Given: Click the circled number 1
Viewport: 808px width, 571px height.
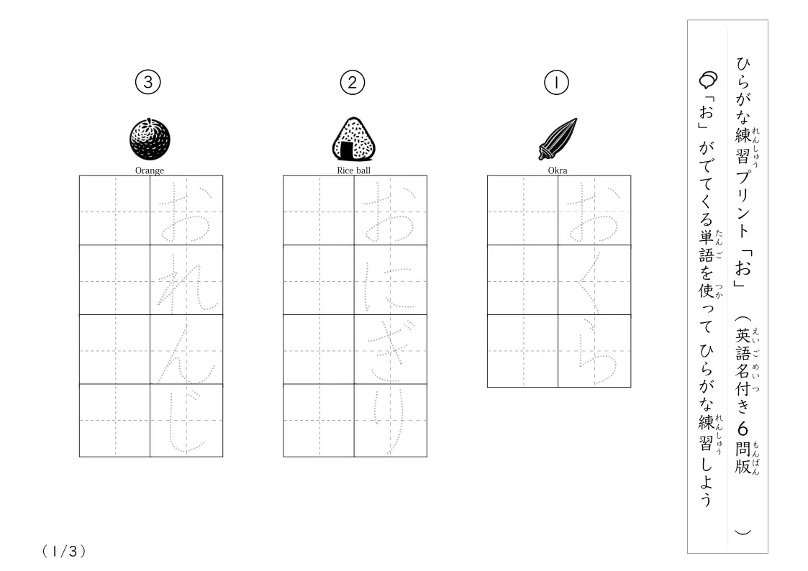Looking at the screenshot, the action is [556, 83].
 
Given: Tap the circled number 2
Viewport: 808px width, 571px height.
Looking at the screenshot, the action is [353, 83].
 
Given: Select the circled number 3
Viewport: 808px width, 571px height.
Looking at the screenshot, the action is [148, 82].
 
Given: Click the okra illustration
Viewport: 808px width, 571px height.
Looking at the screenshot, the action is [558, 139].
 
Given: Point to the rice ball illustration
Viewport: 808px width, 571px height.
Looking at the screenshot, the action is [353, 139].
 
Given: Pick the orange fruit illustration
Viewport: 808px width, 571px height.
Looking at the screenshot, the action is [150, 139].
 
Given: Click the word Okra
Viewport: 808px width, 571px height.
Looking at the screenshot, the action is [558, 170].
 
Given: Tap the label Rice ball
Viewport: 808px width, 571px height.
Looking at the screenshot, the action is [353, 170].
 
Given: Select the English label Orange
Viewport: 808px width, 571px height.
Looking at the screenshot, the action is [150, 170].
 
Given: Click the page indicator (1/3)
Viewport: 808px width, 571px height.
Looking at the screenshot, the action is [64, 552].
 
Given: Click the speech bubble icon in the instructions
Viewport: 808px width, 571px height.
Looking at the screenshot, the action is [708, 79].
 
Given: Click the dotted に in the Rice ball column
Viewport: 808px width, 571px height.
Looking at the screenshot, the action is [389, 285].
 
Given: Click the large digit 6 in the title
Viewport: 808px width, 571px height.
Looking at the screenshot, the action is [743, 429].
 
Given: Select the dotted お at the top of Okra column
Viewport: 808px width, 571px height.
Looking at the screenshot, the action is [593, 213].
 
